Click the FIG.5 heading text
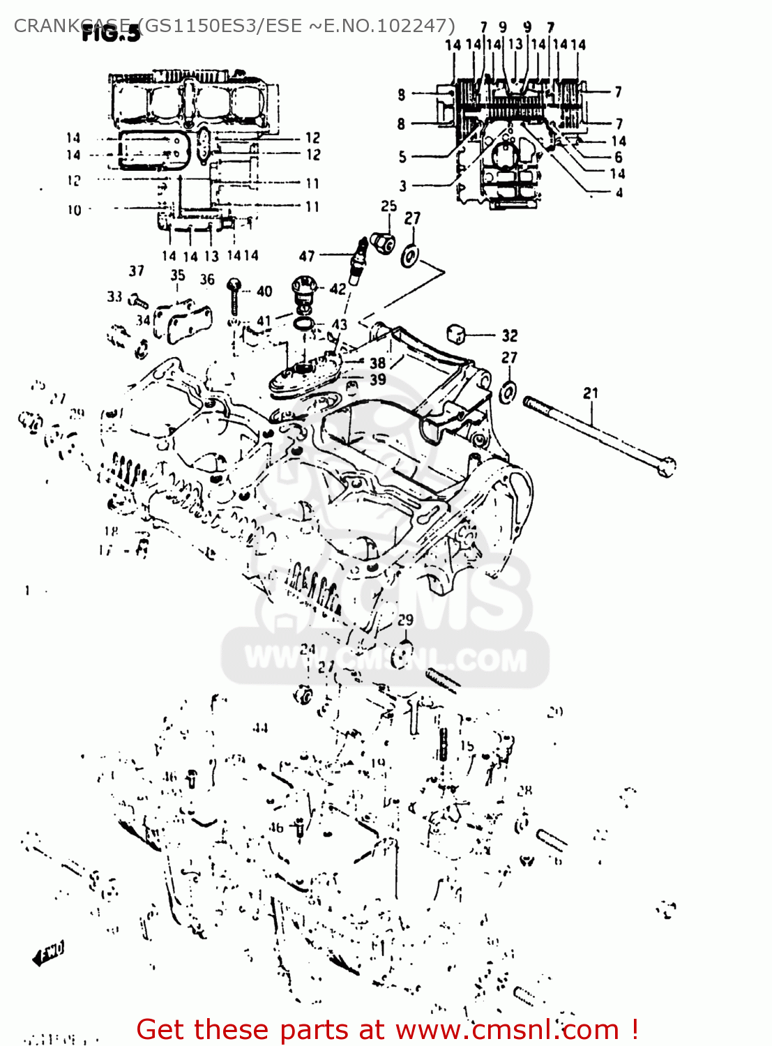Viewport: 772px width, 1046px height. click(112, 33)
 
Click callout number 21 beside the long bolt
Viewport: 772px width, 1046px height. click(591, 393)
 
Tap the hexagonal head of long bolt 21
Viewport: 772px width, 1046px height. click(667, 466)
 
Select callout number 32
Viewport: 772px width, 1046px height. click(510, 335)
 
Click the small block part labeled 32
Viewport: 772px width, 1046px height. click(457, 333)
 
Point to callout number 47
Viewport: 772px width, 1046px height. click(307, 256)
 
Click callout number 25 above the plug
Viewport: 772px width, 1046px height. click(388, 206)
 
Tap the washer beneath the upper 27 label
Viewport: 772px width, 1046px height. click(410, 255)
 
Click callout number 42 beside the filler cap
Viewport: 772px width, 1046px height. click(338, 288)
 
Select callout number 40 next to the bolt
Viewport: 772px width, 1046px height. click(264, 291)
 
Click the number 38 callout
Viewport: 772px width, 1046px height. click(377, 363)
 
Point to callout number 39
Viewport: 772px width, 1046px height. click(377, 379)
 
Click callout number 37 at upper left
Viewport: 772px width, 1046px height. click(137, 271)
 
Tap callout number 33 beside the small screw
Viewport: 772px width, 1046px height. click(114, 296)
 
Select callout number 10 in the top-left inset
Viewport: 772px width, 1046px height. click(74, 209)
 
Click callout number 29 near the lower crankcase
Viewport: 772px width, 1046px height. click(405, 619)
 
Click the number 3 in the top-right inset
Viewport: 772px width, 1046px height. click(402, 185)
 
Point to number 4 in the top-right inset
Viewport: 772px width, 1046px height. click(619, 192)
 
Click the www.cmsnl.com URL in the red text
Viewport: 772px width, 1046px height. click(507, 1029)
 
